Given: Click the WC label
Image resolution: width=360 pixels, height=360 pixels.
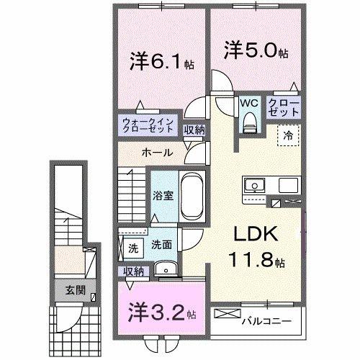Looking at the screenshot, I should [x=249, y=102].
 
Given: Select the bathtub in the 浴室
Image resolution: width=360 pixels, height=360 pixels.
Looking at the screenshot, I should [x=191, y=195].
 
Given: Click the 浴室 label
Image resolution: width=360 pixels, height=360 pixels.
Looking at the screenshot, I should [x=163, y=195].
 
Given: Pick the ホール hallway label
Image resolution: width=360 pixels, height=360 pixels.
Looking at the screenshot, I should [x=156, y=153].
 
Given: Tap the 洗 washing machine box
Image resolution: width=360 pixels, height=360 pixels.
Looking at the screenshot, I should [x=132, y=248].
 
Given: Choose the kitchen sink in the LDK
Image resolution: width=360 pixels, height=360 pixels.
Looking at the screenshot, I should [x=253, y=186].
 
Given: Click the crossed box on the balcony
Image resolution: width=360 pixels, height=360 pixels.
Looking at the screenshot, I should [x=224, y=315].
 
